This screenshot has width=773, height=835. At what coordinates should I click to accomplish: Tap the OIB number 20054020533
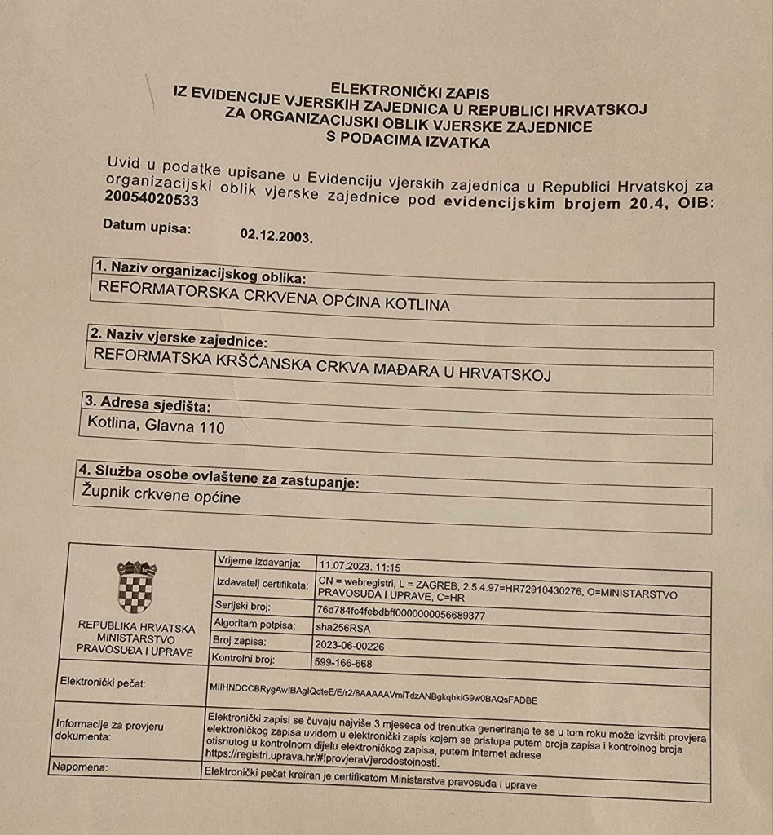pos(151,197)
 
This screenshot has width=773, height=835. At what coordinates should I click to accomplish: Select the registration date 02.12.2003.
pos(276,236)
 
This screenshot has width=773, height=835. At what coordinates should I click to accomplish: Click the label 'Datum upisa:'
pos(147,226)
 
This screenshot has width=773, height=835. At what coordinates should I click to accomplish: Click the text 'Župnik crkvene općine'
pos(161,495)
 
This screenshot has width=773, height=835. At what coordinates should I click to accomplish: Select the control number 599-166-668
pos(342,663)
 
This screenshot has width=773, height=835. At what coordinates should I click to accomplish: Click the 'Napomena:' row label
pos(80,767)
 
